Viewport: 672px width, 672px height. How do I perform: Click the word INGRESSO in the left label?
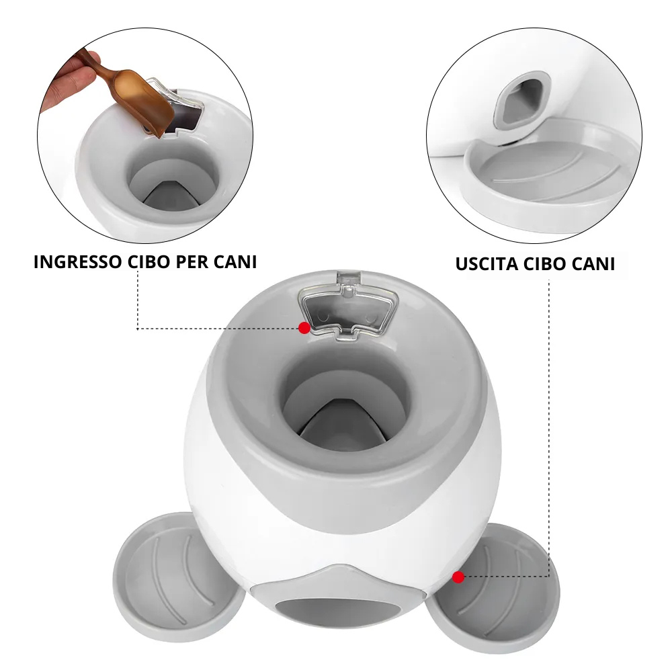pos(77,262)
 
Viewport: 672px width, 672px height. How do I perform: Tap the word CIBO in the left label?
pos(149,262)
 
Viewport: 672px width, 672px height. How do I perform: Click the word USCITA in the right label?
pos(487,264)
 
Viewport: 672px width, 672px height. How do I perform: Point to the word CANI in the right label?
pos(593,264)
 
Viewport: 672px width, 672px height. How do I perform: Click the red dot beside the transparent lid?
pos(304,328)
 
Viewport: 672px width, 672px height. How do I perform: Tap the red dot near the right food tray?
pos(458,577)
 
